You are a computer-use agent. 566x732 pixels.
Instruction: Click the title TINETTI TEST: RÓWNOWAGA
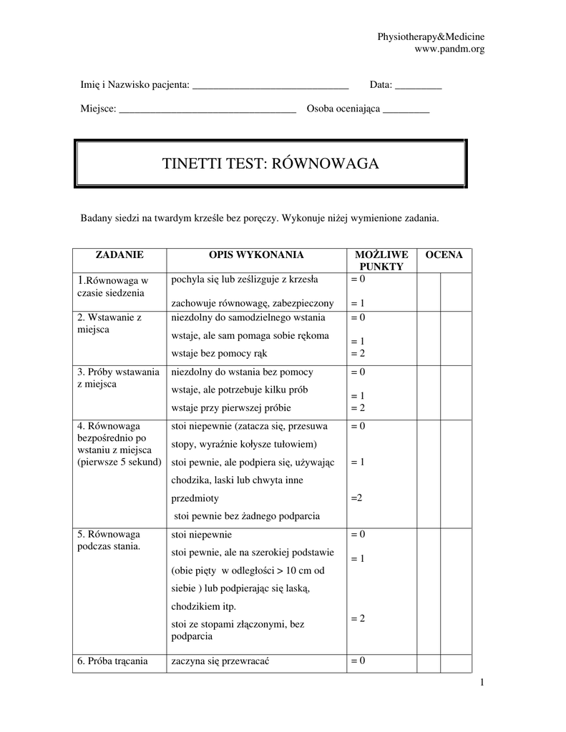tap(270, 164)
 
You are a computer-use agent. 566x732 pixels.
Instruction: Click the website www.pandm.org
tap(449, 49)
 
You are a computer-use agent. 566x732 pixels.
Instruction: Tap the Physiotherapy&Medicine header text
tap(431, 36)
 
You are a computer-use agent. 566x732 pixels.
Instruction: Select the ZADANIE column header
tap(119, 254)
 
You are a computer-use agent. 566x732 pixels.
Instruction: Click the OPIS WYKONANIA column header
tap(256, 254)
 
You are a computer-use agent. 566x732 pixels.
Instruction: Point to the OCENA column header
tap(444, 254)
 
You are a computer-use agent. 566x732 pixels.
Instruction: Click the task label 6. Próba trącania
tap(112, 661)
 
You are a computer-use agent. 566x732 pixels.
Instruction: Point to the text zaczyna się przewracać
tap(224, 661)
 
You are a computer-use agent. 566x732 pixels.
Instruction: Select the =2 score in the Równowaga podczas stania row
tap(358, 618)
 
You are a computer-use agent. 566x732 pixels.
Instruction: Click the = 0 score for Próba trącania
tap(358, 661)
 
